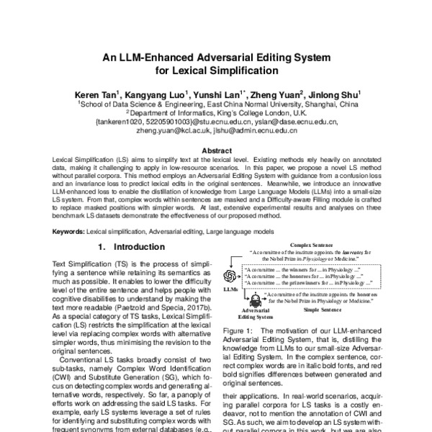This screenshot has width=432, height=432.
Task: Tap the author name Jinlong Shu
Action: pos(339,94)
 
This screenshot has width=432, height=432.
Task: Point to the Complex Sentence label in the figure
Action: pos(312,246)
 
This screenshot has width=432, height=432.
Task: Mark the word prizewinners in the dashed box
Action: pos(306,284)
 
